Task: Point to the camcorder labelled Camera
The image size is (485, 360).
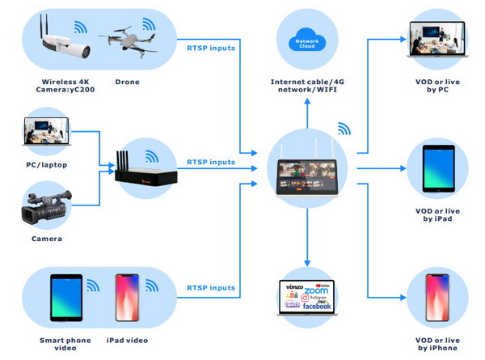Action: tap(49, 207)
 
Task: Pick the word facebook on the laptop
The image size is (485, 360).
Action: tap(317, 307)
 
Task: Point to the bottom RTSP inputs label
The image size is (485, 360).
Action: tap(211, 287)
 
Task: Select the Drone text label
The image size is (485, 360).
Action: tap(127, 83)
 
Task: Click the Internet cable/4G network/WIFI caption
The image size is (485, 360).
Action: tap(307, 87)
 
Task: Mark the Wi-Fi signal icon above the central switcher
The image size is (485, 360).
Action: tap(344, 129)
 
